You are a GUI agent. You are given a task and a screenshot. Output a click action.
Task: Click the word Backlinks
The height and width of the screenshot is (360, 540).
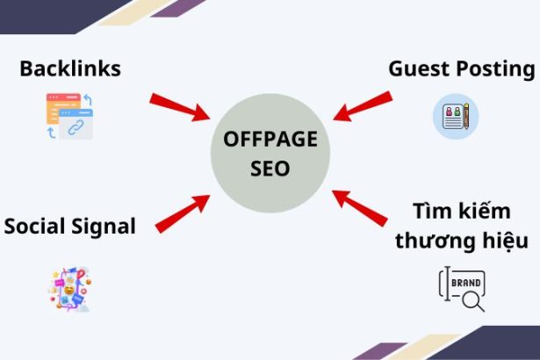[70, 68]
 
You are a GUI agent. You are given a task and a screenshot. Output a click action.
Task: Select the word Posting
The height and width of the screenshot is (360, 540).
[497, 68]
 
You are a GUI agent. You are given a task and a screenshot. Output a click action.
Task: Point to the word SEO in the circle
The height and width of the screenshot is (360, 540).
[270, 169]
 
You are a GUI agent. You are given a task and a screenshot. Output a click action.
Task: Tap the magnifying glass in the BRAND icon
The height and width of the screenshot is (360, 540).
[472, 301]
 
